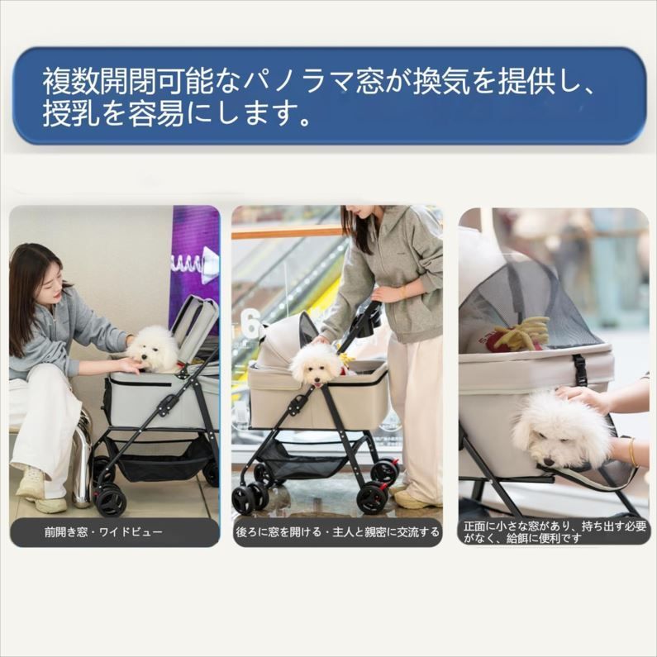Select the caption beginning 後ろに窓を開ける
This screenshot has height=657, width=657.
[337, 532]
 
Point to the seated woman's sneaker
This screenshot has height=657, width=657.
[31, 483]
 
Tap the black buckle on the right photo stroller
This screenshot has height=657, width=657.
[580, 369]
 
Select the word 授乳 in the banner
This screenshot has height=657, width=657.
[72, 114]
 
